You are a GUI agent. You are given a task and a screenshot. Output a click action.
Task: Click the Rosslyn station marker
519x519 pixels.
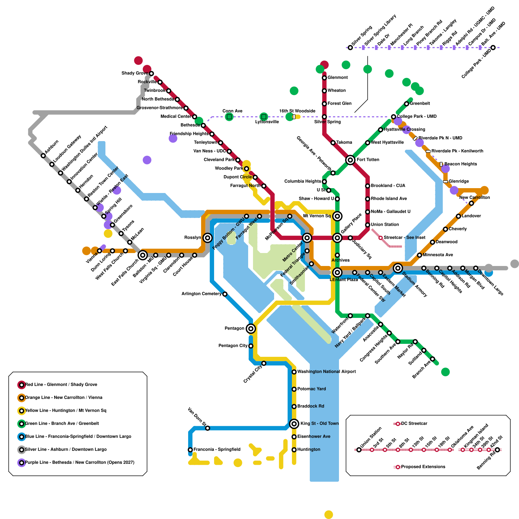pos(208,238)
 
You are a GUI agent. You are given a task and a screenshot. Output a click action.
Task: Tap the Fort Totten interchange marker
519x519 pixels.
pos(350,160)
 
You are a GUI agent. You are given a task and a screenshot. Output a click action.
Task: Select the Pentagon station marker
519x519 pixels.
pos(250,329)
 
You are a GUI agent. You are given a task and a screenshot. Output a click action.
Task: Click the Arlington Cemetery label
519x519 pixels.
pos(201,294)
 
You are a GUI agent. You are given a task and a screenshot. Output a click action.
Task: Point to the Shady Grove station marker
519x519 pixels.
pos(151,74)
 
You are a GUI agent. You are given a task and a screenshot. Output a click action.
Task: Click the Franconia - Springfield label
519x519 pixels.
pos(217,450)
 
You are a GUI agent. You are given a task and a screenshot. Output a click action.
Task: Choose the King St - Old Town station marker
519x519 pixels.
pos(294,424)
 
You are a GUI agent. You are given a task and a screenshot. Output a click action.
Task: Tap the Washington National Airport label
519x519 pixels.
pos(326,372)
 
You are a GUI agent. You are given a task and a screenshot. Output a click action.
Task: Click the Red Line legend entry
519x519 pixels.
pos(61,385)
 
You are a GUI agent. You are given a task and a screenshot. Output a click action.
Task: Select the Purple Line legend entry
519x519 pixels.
pos(79,463)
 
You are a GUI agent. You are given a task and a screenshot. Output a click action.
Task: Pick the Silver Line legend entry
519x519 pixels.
pos(66,450)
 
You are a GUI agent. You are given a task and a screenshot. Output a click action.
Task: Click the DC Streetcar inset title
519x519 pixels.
pos(414,424)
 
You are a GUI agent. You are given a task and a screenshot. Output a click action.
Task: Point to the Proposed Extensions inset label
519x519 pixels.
pos(423,467)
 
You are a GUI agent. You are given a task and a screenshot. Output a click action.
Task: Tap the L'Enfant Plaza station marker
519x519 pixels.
pos(337,272)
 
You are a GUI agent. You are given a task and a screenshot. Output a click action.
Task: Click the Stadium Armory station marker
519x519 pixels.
pos(398,268)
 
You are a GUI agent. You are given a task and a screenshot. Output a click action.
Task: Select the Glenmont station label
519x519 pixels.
pos(337,78)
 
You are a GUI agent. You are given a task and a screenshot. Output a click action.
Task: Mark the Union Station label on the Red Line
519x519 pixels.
pos(385,225)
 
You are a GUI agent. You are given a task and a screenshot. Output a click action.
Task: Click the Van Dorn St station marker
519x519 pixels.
pos(208,428)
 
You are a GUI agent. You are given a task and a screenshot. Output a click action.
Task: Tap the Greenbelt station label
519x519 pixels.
pos(420,104)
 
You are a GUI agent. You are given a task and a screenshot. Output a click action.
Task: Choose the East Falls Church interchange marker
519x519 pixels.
pos(143,255)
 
